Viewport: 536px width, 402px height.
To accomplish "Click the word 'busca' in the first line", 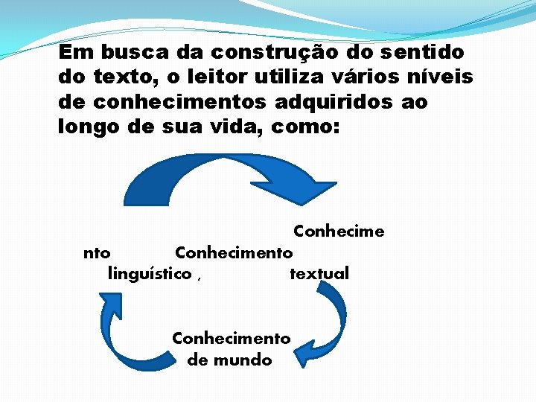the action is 135,53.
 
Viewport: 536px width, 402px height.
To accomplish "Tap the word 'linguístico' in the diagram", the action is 150,273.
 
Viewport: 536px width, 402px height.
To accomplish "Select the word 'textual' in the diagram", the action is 319,273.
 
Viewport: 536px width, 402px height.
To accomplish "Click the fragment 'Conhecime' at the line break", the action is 339,231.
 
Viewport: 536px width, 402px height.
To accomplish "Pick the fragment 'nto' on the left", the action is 98,252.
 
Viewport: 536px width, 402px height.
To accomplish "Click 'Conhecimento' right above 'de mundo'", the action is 231,338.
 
